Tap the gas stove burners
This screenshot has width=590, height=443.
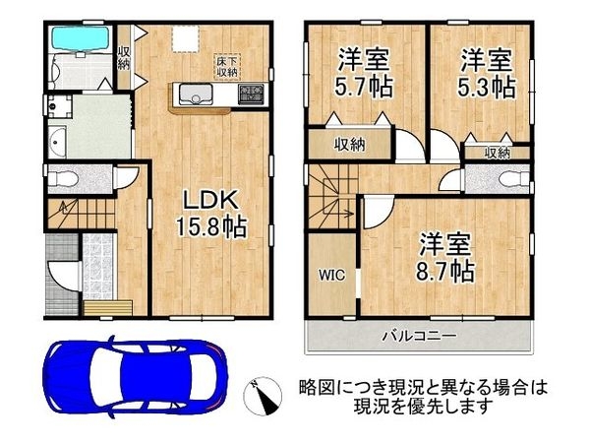tap(250, 95)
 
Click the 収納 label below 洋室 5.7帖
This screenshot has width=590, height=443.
tap(349, 144)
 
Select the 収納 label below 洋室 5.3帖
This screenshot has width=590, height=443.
tap(498, 153)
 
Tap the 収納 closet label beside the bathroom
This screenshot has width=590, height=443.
tap(123, 57)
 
